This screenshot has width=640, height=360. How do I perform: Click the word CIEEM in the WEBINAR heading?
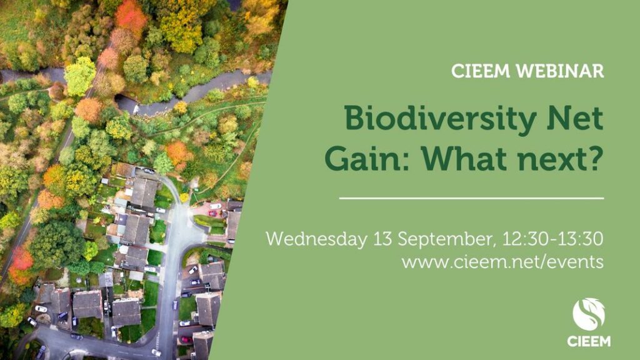coord(481,71)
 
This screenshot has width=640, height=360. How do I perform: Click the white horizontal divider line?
coord(471,198)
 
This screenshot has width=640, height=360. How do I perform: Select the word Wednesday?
coord(317,239)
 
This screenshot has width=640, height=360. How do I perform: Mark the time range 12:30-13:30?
coord(553,239)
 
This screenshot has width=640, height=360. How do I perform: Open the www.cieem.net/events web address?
coord(502,262)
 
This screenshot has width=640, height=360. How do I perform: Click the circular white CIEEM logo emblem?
coord(589,314)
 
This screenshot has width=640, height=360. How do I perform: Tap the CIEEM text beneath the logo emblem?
coord(589,341)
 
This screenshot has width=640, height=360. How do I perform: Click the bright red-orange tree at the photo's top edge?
coord(131,16)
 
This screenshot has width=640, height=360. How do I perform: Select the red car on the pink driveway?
coord(212,213)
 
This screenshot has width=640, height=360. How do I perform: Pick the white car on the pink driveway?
coord(215,206)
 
